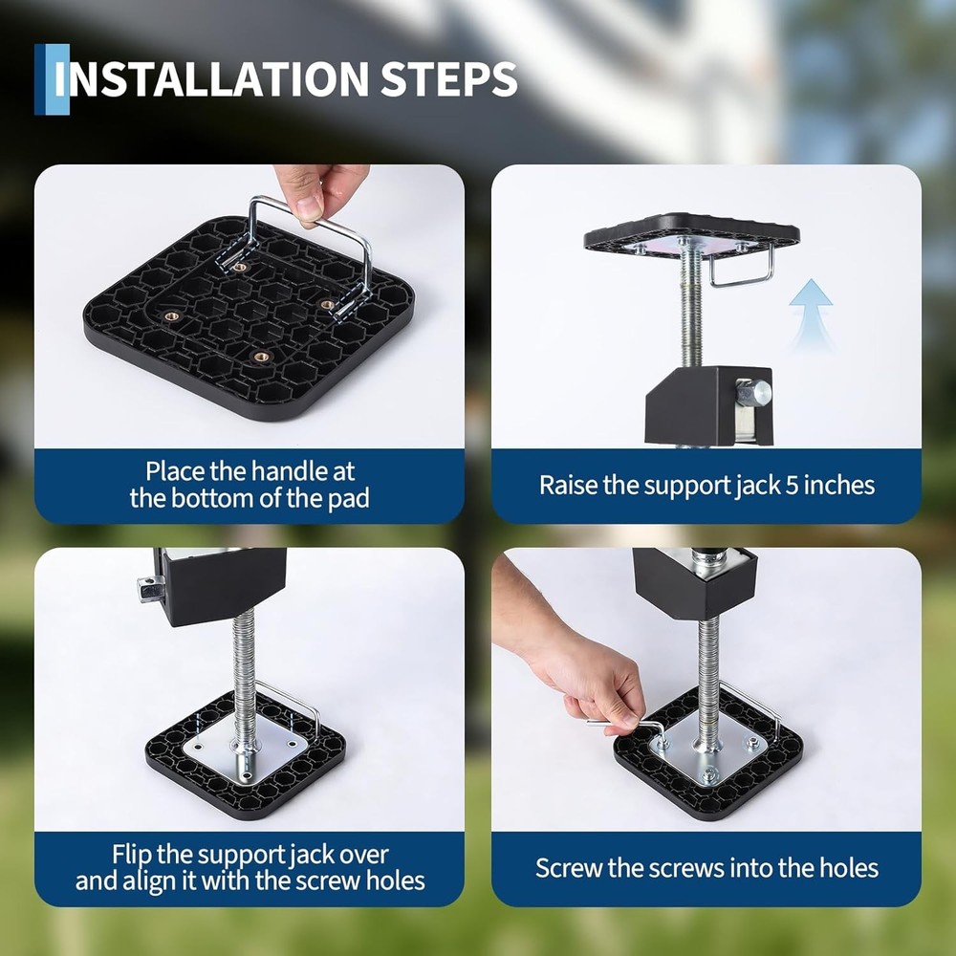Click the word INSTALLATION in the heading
click(x=211, y=78)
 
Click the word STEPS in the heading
click(x=449, y=78)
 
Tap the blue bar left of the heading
click(x=52, y=79)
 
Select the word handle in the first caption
click(x=285, y=471)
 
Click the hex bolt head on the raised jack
click(x=753, y=394)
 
